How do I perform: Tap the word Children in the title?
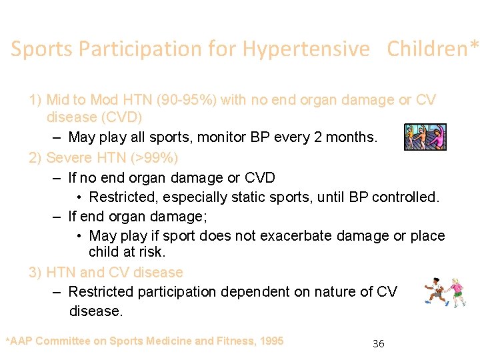click(428, 49)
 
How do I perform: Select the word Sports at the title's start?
click(41, 49)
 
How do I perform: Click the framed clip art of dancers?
click(425, 137)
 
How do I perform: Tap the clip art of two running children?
click(446, 292)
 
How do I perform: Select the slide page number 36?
click(378, 344)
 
